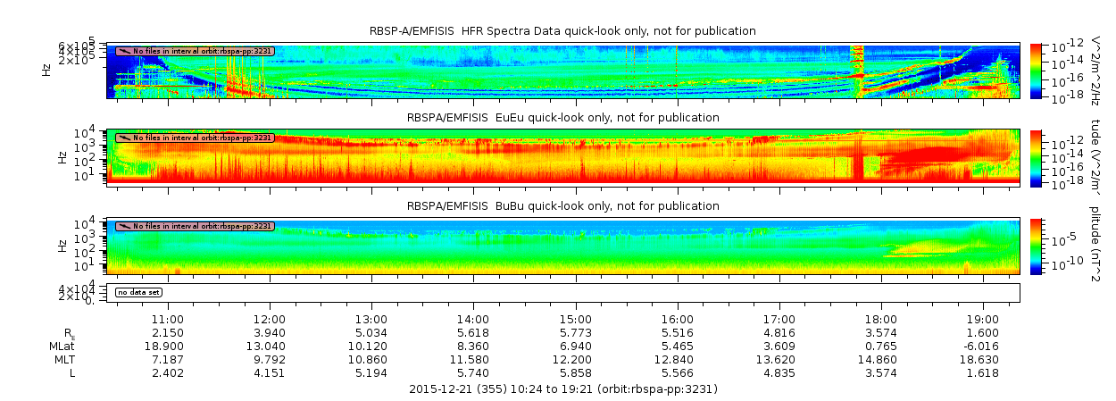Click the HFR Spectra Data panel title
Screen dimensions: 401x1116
point(562,31)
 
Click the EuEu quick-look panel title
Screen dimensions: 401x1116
point(562,118)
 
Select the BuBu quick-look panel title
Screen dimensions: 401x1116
point(562,206)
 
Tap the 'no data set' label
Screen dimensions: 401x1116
point(138,292)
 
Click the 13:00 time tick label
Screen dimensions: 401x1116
point(371,319)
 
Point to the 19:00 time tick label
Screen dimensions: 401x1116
point(983,319)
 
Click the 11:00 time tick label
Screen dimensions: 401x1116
point(168,319)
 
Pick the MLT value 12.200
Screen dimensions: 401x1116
point(576,359)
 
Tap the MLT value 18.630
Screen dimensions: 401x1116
point(983,359)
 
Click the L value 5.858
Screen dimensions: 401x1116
point(576,372)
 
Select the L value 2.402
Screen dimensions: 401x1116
point(168,372)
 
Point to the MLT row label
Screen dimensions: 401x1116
point(62,359)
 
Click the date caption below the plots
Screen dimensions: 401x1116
point(562,389)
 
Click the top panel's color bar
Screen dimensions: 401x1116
point(1036,70)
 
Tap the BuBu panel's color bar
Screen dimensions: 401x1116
point(1036,246)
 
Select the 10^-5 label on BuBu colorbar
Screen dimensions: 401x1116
point(1059,239)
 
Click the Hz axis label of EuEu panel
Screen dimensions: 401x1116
point(62,157)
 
